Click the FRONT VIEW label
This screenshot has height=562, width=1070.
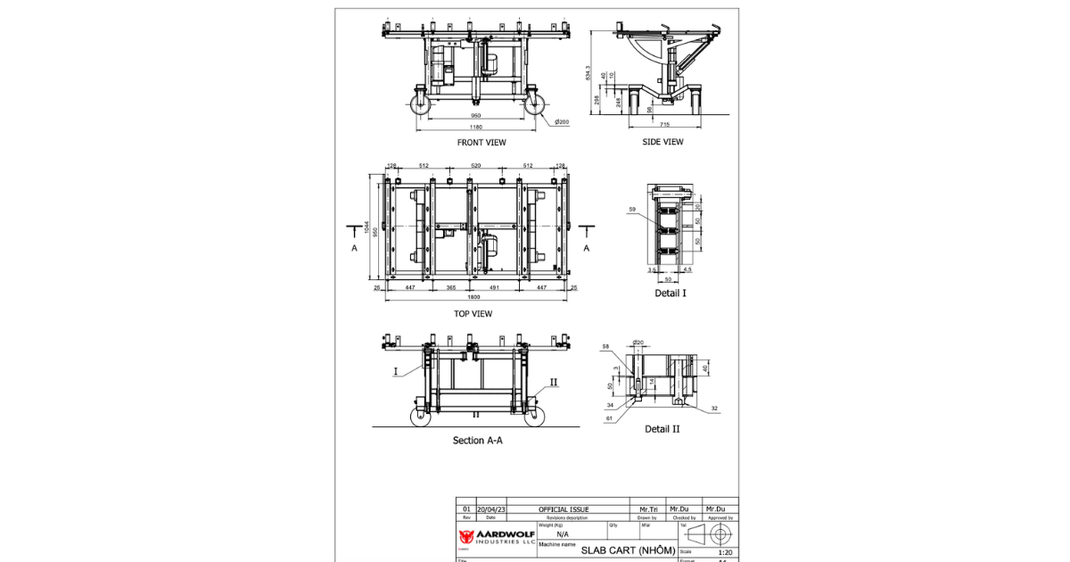tap(481, 143)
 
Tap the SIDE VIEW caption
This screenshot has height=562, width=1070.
tap(663, 142)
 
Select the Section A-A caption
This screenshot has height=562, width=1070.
tap(477, 441)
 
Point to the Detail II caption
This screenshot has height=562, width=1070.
tap(663, 429)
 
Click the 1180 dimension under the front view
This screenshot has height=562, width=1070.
tap(475, 128)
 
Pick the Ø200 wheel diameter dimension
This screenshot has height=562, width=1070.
tap(562, 121)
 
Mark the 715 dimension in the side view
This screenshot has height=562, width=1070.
tap(664, 124)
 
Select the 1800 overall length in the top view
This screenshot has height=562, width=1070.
tap(473, 297)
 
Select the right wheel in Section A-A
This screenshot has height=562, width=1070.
tap(534, 417)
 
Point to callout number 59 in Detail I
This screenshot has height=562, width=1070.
tap(632, 210)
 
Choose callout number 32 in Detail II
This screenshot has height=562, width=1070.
tap(715, 409)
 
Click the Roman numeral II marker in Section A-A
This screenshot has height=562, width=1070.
tap(554, 382)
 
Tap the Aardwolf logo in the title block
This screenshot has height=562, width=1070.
tap(466, 536)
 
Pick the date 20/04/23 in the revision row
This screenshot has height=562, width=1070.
tap(491, 509)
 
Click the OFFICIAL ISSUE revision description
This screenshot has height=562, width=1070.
tap(564, 509)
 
